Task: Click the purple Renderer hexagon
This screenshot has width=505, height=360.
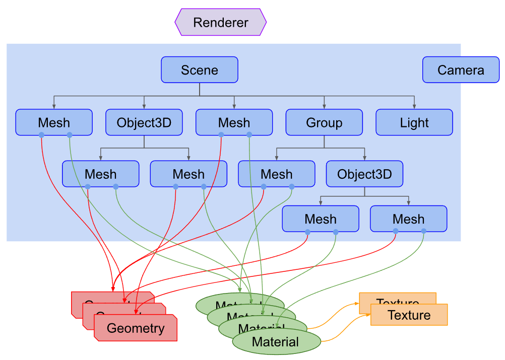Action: coord(220,22)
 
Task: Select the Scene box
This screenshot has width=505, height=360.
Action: coord(200,69)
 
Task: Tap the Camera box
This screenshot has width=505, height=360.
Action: coord(461,69)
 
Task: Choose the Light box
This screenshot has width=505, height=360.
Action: coord(414,122)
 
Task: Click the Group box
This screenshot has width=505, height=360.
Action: coord(324,122)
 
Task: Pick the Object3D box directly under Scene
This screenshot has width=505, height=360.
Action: coord(144,122)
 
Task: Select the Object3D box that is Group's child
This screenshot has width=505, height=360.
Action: coord(364,174)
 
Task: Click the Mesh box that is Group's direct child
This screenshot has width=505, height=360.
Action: coord(277,174)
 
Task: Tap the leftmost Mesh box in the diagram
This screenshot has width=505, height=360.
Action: coord(54,122)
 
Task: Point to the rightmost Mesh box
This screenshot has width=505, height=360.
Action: coord(409,219)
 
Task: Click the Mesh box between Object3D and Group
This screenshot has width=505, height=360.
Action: coord(234,122)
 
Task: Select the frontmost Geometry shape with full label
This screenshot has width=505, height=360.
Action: coord(136,328)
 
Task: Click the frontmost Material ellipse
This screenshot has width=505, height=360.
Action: coord(276,342)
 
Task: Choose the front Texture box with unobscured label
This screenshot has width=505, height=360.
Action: coord(409,315)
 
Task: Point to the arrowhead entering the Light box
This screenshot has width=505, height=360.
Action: coord(414,106)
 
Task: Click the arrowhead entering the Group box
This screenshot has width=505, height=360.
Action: coord(324,106)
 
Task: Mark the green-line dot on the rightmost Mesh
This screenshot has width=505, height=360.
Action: coord(423,231)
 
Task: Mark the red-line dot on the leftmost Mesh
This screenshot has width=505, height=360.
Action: coord(41,134)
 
